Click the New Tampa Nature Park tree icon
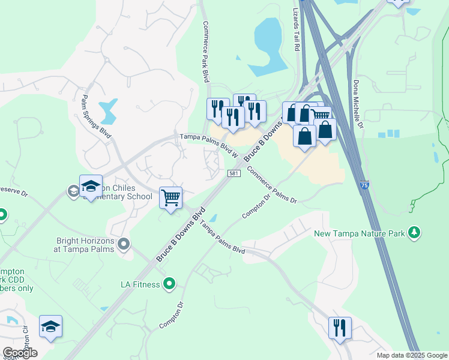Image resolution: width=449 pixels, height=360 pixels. tap(414, 232)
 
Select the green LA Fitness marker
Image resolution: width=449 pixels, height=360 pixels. tap(170, 283)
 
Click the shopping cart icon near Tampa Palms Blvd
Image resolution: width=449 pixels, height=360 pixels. tap(170, 197)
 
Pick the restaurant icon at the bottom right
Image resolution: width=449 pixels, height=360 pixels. tap(340, 328)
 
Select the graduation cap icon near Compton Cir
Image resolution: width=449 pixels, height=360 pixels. tap(51, 326)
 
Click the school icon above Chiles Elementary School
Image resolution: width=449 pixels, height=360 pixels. tap(91, 185)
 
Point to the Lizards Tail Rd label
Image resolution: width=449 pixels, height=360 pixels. tap(295, 27)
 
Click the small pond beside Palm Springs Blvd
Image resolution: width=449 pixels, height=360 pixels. tap(109, 110)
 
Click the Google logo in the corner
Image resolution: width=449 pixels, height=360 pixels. tap(20, 353)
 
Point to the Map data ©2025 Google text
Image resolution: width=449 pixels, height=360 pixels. tap(412, 355)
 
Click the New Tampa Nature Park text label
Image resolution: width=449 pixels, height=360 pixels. tap(360, 232)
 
